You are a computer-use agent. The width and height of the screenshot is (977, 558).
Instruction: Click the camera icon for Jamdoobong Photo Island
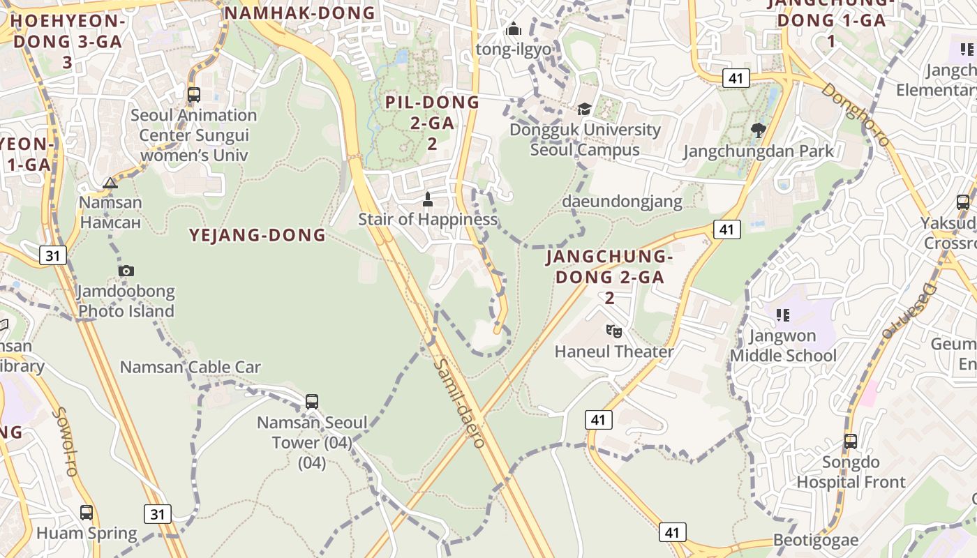(x=126, y=271)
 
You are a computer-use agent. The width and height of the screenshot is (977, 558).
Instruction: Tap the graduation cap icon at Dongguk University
(x=583, y=109)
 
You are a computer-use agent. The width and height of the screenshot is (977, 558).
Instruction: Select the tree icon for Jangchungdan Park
(x=758, y=130)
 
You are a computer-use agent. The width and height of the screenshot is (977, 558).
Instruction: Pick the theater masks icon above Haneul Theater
(x=614, y=331)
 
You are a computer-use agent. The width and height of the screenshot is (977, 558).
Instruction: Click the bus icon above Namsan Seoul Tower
(x=312, y=402)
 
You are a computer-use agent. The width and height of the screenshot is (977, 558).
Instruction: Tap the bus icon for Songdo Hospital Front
(x=850, y=442)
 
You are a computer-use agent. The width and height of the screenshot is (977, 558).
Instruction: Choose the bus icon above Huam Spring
(x=87, y=513)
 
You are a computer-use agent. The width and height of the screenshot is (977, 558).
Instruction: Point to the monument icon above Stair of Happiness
(x=428, y=199)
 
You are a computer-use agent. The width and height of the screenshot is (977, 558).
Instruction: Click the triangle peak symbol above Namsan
(x=110, y=183)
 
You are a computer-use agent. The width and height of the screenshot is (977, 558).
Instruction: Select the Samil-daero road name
(x=458, y=403)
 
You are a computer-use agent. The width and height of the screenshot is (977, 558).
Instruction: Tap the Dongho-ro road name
(x=855, y=115)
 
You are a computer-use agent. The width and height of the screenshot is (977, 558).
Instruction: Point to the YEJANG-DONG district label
(x=258, y=235)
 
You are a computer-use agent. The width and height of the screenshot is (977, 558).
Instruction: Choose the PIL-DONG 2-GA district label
(x=433, y=123)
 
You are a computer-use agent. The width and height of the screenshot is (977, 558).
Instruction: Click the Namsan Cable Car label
(x=191, y=367)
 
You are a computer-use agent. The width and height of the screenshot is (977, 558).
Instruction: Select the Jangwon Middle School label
(x=783, y=346)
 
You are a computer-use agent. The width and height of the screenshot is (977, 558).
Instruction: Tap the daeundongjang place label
(x=622, y=202)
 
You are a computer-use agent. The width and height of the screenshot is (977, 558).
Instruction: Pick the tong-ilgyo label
(x=513, y=50)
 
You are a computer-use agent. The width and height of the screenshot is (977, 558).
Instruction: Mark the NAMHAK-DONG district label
(x=301, y=13)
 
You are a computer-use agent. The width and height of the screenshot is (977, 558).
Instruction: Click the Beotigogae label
(x=812, y=541)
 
